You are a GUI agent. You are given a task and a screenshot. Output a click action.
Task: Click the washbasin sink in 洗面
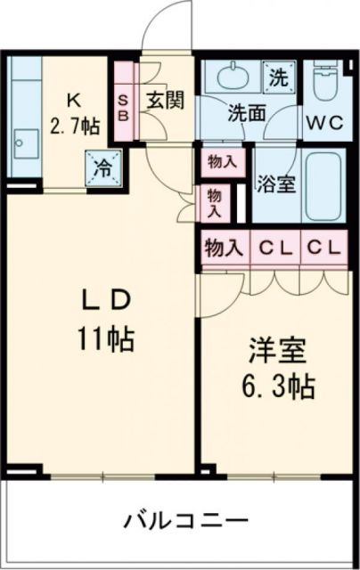231,77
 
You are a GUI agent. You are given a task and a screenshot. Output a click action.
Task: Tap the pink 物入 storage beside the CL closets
223,247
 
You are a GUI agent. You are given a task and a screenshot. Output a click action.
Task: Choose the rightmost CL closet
323,247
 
